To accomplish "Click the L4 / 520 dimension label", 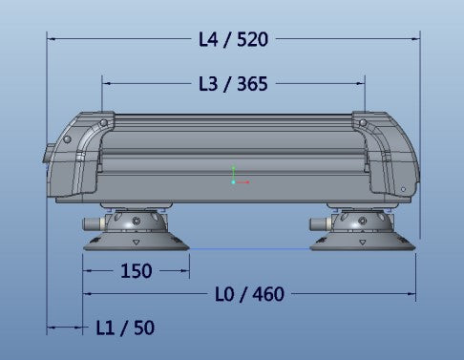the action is pos(233,39).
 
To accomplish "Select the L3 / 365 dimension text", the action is pos(233,84).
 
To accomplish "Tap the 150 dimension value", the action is pos(137,271).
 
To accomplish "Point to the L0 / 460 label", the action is pos(249,294).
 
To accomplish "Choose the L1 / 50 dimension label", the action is pos(125,328).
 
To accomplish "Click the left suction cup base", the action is pos(137,242).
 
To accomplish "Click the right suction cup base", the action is pos(363,242).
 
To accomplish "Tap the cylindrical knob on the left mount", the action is pos(93,223).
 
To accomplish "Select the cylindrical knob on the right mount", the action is pos(320,223).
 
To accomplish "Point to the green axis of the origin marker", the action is pos(233,174).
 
